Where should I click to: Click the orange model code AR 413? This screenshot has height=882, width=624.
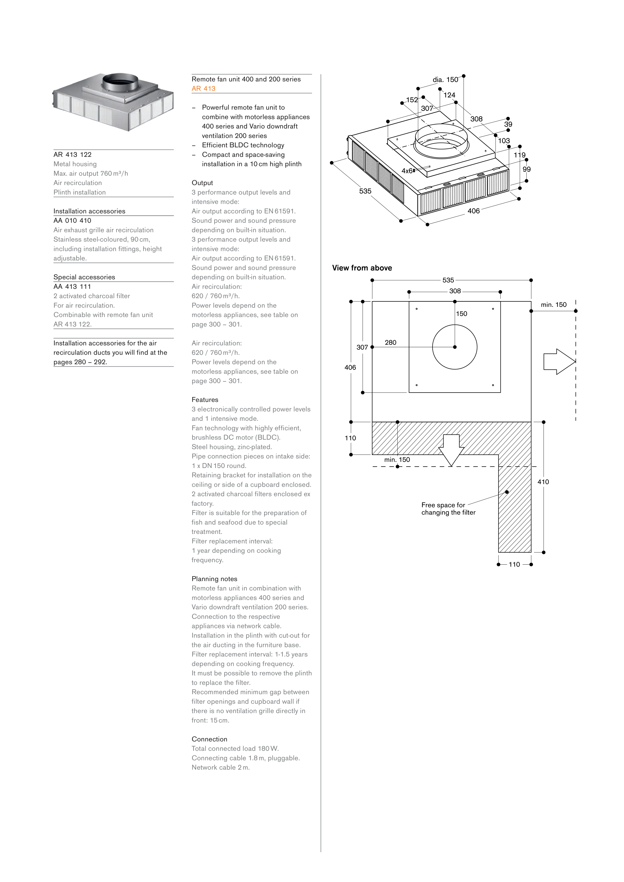tap(203, 88)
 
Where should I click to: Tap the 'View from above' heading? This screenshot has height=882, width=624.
tap(362, 268)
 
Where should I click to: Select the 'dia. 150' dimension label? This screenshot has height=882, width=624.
tap(445, 79)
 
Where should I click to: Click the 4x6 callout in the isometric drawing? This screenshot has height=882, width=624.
tap(407, 171)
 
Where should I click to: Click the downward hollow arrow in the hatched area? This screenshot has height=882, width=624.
tap(451, 450)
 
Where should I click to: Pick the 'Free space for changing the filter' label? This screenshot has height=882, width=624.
tap(448, 509)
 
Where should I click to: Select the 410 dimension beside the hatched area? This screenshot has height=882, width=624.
tap(543, 482)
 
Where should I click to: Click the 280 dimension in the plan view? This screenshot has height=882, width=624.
tap(390, 342)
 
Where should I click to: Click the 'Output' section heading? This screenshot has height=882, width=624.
tap(202, 183)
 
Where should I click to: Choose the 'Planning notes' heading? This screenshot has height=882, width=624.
tap(214, 579)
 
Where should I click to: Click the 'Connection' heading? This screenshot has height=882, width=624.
tap(209, 739)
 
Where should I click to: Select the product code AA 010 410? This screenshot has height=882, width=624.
tap(72, 220)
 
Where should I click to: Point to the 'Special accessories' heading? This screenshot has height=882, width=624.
tap(84, 277)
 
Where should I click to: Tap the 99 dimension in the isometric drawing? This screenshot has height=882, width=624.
tap(526, 169)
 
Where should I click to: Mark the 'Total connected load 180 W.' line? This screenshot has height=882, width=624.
tap(235, 748)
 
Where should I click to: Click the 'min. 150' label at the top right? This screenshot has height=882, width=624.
tap(553, 305)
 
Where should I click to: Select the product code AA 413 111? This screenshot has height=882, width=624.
tap(72, 287)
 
